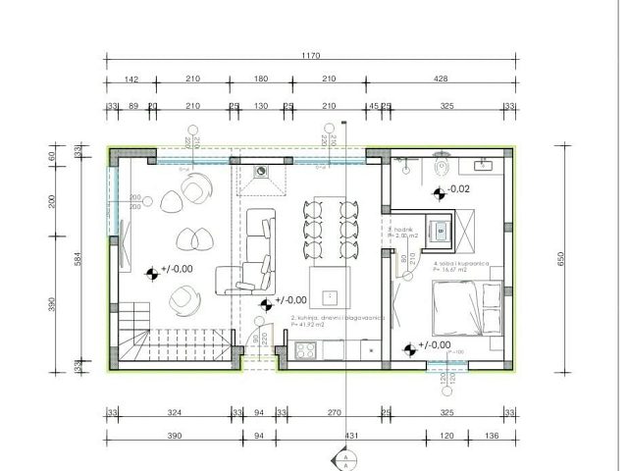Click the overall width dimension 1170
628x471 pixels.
click(311, 57)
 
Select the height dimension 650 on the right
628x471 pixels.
click(562, 259)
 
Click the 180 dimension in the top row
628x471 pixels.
click(261, 79)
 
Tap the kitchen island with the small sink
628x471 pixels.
click(330, 287)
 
